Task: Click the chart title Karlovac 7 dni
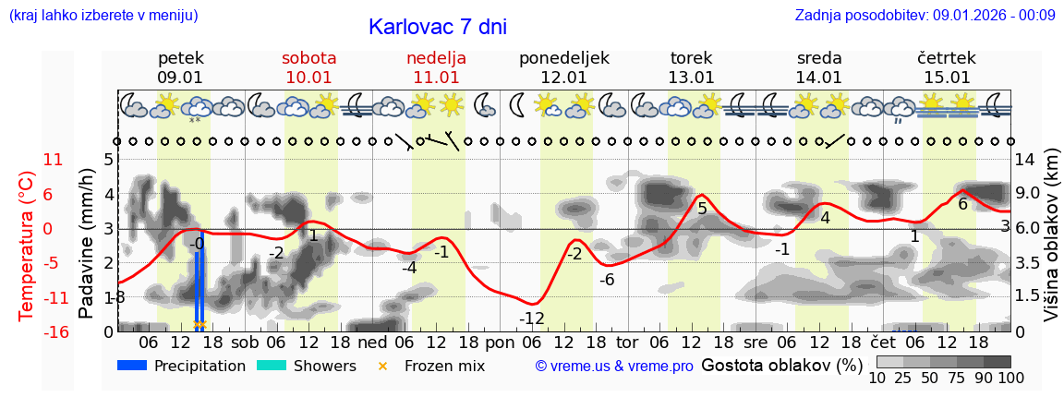point(438,27)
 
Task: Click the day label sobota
point(308,58)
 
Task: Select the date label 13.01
point(692,78)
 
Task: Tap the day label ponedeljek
point(563,58)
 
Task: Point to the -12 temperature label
point(531,319)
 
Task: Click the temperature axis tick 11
point(53,160)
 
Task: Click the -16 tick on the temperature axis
point(56,332)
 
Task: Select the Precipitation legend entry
point(182,366)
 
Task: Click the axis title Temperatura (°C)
point(26,245)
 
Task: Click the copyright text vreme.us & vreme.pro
point(614,367)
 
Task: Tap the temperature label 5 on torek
point(702,210)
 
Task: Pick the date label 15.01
point(947,78)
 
